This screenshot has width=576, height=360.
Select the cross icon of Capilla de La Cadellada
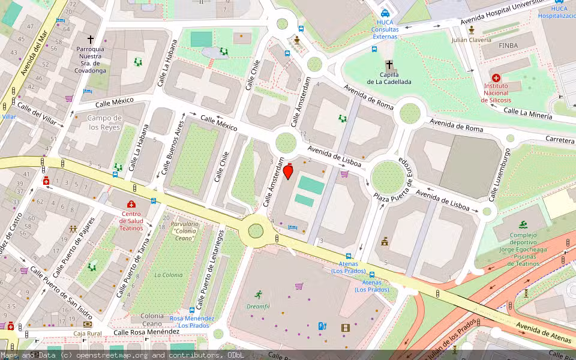(389, 65)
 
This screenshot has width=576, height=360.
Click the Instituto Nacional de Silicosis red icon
(496, 78)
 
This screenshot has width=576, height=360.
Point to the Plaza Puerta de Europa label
(394, 180)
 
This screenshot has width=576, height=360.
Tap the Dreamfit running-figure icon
(258, 295)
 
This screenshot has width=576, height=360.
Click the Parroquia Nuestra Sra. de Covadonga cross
(91, 39)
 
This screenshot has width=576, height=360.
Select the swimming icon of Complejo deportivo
(524, 224)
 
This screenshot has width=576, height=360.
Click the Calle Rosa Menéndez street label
(146, 332)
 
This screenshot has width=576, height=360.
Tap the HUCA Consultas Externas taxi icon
(385, 13)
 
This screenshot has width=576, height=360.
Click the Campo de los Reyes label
(105, 122)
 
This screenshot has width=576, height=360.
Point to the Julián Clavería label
(472, 40)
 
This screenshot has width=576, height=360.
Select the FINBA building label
(499, 45)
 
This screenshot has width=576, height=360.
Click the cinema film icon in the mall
(345, 328)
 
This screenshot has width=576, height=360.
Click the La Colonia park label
(168, 275)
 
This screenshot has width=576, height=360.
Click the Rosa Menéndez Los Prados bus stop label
(191, 322)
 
